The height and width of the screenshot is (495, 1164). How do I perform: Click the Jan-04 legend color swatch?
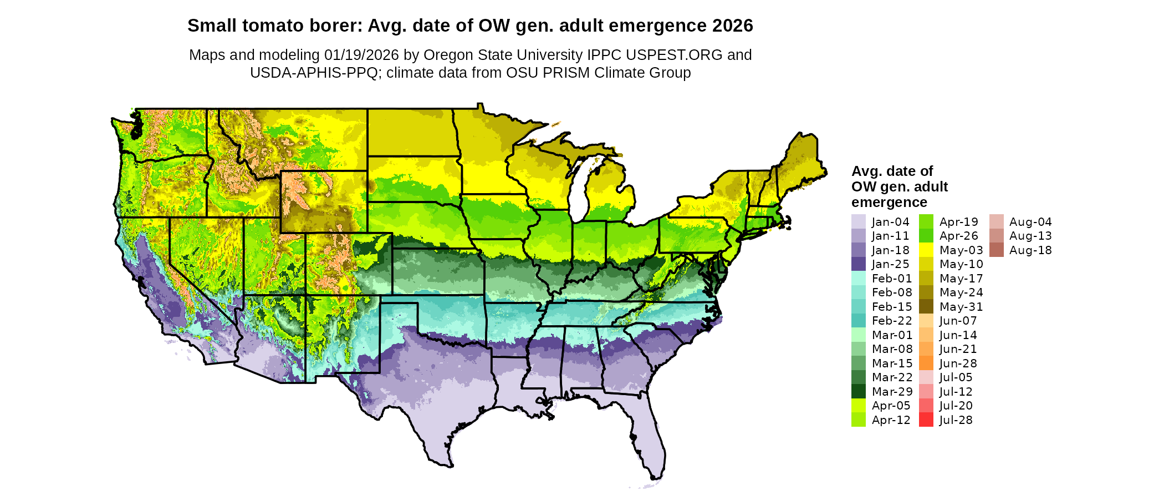click(858, 222)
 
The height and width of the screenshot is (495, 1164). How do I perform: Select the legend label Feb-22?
click(891, 321)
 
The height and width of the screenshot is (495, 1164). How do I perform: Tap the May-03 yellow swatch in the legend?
click(926, 250)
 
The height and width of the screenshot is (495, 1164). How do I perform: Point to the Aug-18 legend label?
click(1030, 250)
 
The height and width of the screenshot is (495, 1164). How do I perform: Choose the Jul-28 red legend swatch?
click(926, 420)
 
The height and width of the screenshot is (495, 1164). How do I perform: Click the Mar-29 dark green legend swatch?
click(858, 392)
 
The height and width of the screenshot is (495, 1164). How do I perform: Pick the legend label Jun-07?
click(958, 321)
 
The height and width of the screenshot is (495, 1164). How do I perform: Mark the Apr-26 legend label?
click(958, 236)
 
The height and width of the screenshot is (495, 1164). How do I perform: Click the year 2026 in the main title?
click(733, 26)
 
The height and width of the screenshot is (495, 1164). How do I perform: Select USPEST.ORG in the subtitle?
click(674, 55)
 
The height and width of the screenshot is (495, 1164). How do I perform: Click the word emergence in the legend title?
click(889, 202)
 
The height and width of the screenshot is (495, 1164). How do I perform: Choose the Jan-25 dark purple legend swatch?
click(858, 264)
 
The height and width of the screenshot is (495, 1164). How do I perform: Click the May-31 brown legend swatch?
click(926, 307)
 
